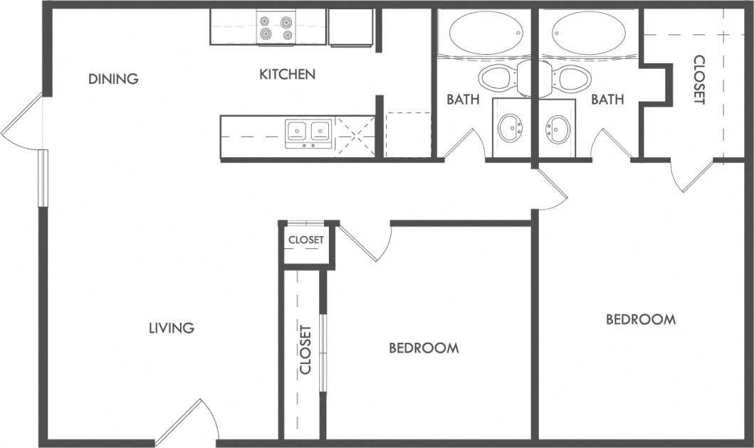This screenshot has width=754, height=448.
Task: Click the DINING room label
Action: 113,79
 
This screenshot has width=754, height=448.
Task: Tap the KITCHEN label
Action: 287,74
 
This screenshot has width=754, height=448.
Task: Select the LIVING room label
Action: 172,328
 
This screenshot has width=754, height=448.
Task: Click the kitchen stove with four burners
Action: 276,28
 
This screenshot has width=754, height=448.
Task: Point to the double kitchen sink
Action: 308,131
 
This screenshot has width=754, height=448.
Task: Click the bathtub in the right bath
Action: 590,33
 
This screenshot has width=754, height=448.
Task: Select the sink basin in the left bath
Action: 510,129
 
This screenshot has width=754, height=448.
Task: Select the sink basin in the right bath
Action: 557,129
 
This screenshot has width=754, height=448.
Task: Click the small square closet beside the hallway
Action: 305,240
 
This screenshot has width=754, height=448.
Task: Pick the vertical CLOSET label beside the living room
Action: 305,349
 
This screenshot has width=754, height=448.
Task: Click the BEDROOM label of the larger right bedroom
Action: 640,319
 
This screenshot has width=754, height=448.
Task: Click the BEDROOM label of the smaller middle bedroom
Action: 424,348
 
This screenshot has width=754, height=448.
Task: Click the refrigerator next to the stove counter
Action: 350,27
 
